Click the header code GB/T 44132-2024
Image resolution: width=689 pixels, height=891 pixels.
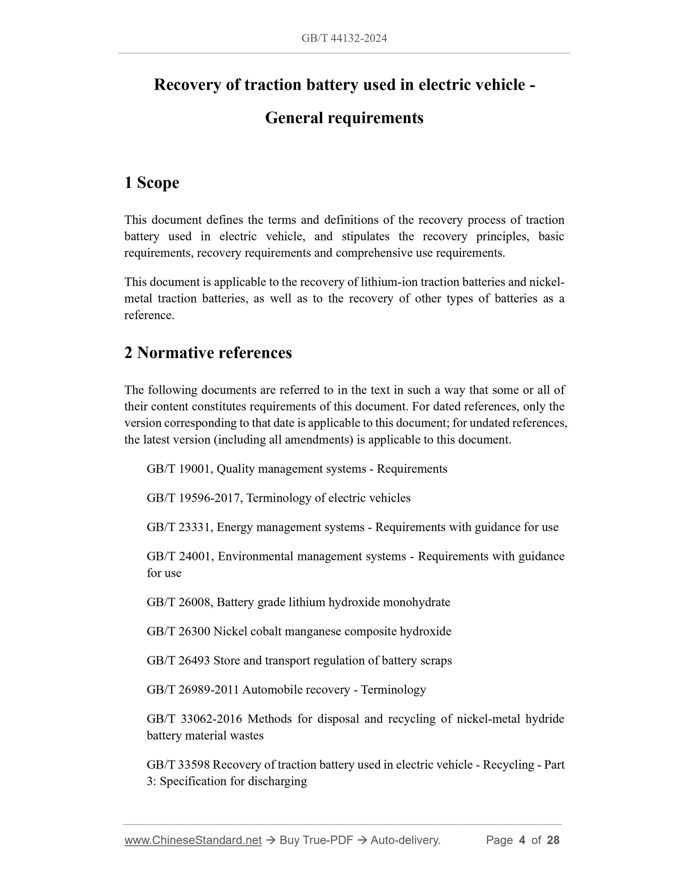[x=344, y=38]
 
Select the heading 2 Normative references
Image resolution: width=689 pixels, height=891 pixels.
[x=208, y=352]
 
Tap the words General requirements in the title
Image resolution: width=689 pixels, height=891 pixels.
[x=344, y=118]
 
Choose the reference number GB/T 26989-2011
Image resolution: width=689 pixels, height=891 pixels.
[x=193, y=689]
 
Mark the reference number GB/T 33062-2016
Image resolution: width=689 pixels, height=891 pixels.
[x=194, y=718]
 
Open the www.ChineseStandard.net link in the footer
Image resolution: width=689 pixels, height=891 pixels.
[x=193, y=840]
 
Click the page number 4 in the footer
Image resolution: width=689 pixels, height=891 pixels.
[x=522, y=840]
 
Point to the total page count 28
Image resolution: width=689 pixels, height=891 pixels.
[x=553, y=840]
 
